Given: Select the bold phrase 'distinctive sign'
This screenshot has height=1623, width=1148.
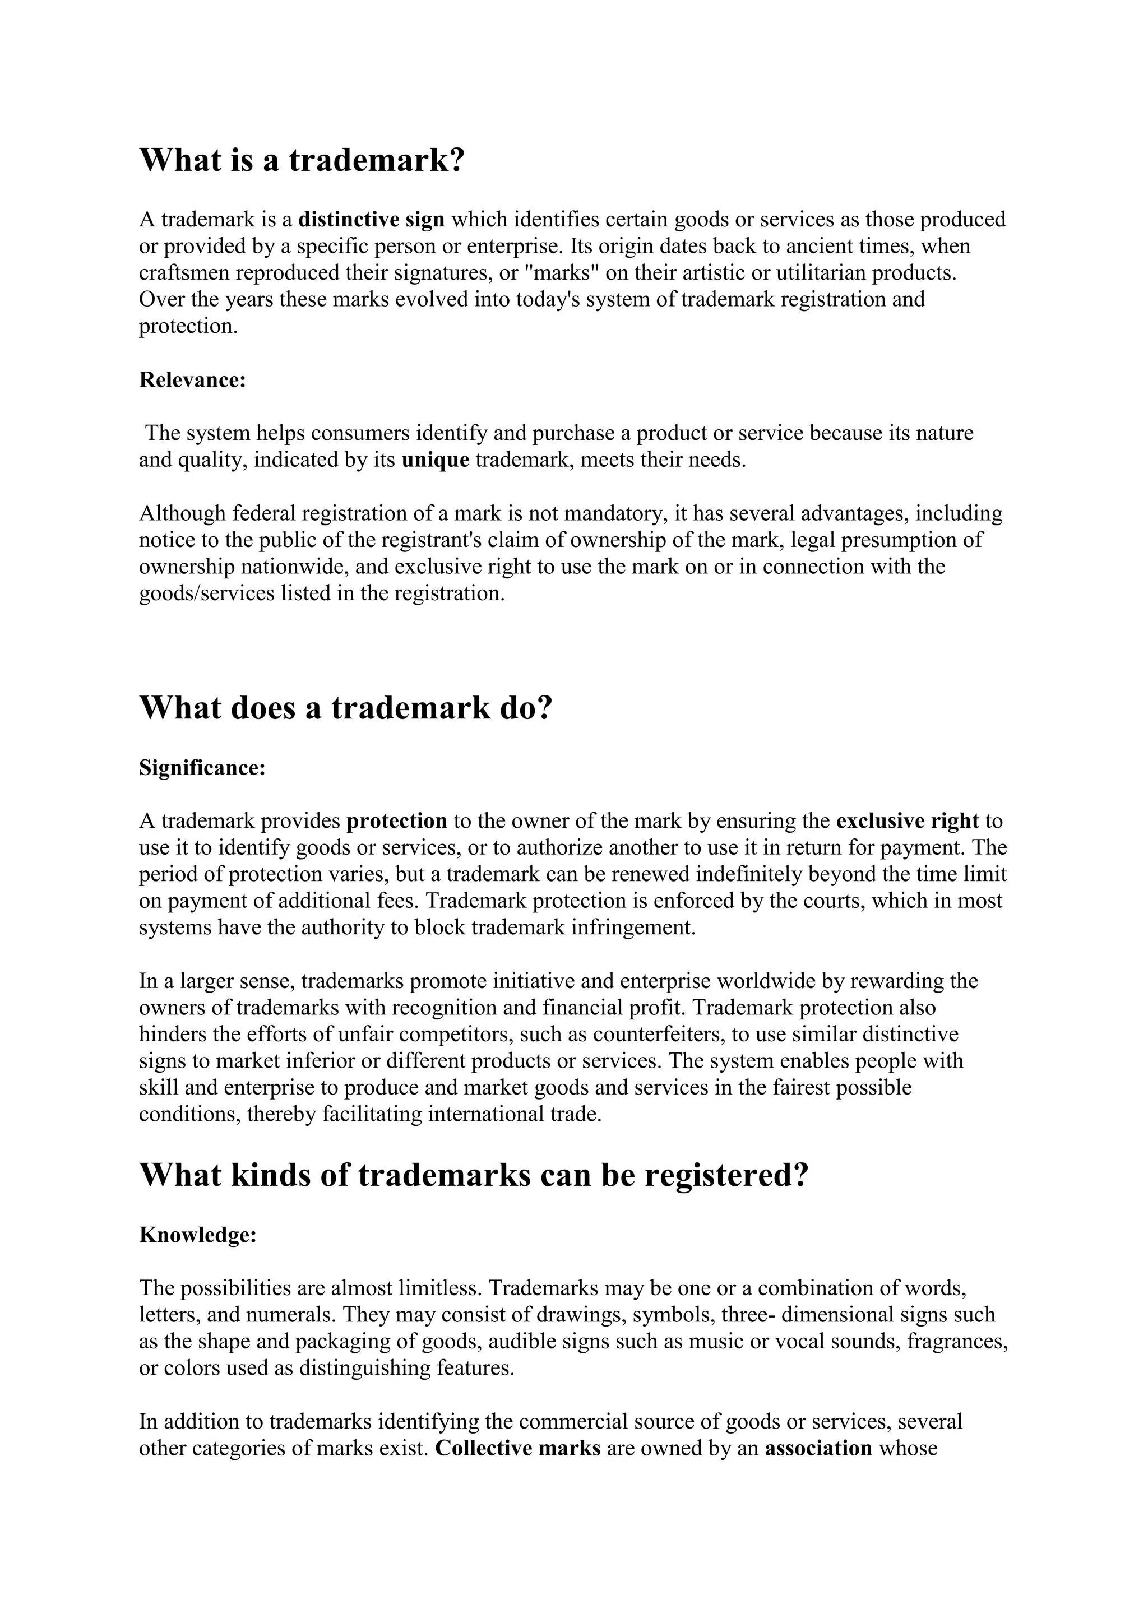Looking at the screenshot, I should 371,220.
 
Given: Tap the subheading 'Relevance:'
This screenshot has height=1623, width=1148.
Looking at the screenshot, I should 192,381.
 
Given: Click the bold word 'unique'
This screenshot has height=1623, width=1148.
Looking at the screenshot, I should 436,460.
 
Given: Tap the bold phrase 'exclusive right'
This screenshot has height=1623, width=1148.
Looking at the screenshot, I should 907,822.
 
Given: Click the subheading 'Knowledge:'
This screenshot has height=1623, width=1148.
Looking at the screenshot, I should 197,1235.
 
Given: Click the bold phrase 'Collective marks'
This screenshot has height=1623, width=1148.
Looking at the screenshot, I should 517,1448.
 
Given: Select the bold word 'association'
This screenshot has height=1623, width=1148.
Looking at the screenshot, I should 818,1448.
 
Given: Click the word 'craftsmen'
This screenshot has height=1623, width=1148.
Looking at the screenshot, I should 184,273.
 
